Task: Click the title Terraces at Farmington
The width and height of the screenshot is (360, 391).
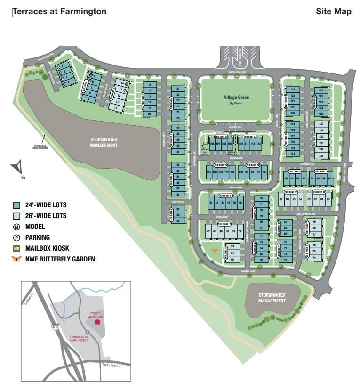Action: (x=59, y=12)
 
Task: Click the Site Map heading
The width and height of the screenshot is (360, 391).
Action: (x=333, y=12)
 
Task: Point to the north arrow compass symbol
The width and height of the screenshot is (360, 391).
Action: (x=18, y=168)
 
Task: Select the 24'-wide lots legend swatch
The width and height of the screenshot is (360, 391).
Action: (x=16, y=205)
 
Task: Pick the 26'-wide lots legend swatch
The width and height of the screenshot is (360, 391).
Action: (x=16, y=216)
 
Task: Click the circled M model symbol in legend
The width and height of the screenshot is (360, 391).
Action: (x=16, y=227)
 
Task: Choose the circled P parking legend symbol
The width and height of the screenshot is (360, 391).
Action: (x=16, y=237)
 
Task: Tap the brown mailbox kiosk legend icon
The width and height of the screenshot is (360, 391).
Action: (x=16, y=248)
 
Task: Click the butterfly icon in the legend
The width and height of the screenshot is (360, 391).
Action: (x=16, y=259)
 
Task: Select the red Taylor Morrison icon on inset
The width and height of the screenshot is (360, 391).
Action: (x=97, y=323)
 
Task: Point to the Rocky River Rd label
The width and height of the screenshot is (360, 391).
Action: (x=112, y=365)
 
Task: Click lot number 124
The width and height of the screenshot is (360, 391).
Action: (x=292, y=89)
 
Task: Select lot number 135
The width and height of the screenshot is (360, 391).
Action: (x=321, y=155)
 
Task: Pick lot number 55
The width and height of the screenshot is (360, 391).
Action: (x=232, y=259)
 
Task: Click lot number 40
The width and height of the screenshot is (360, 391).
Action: (x=178, y=220)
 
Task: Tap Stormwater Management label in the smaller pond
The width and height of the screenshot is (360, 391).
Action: (x=272, y=298)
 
